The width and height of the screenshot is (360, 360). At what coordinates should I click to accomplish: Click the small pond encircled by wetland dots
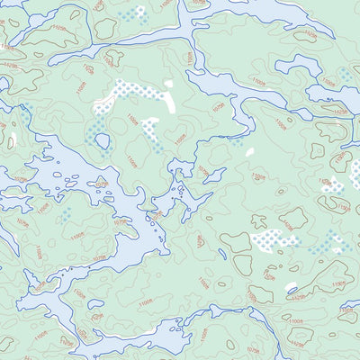pyautogui.click(x=103, y=141)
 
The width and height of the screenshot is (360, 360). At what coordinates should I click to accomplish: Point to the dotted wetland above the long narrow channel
pyautogui.click(x=135, y=14)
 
